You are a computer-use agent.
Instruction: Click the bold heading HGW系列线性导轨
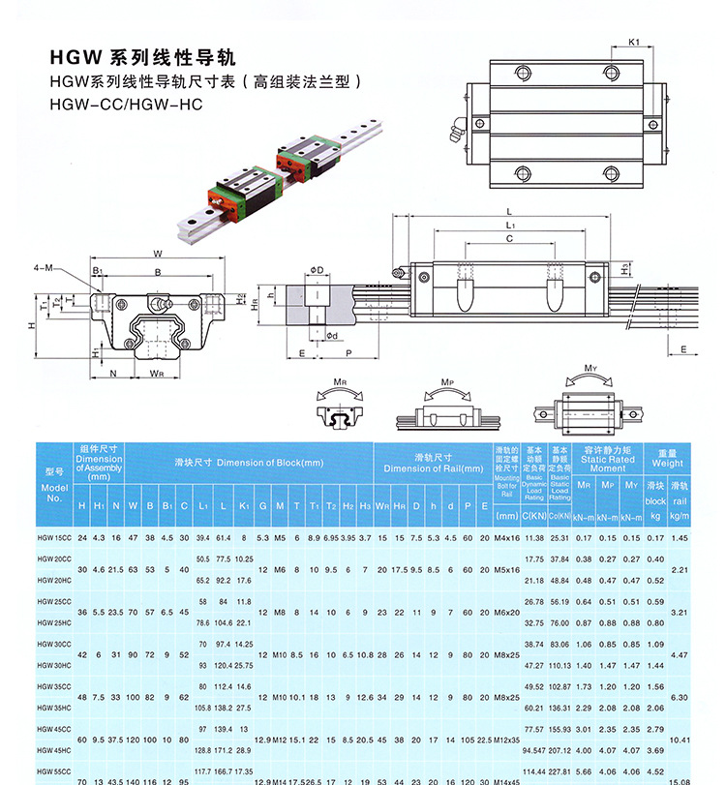141,58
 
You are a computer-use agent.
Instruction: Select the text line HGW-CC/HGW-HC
126,104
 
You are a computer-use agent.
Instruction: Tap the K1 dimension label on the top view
634,42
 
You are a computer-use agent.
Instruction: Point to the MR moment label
340,381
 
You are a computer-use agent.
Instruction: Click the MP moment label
446,381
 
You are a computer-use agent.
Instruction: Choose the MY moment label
590,368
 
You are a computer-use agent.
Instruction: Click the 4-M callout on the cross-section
42,267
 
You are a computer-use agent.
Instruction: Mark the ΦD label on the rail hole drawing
316,269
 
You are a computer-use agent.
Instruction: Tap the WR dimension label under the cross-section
157,373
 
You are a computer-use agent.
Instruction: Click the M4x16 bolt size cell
507,537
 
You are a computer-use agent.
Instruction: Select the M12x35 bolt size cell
507,739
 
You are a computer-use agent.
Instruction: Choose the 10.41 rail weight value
680,739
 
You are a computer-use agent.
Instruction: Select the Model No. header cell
54,484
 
